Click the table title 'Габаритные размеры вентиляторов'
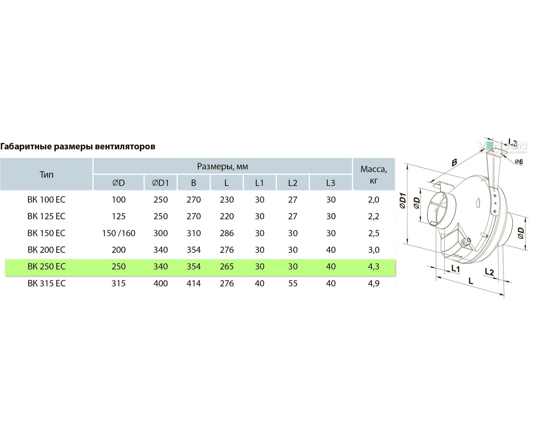pos(78,146)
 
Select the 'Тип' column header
pos(46,174)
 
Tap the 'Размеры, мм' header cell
pos(223,166)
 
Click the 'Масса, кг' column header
pos(374,175)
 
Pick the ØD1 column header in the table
pos(160,183)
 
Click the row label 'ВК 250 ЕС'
pos(46,266)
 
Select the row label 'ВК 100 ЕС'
pos(46,199)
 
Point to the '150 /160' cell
pos(119,233)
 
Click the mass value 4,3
pos(374,266)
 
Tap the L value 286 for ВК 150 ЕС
pos(227,233)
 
